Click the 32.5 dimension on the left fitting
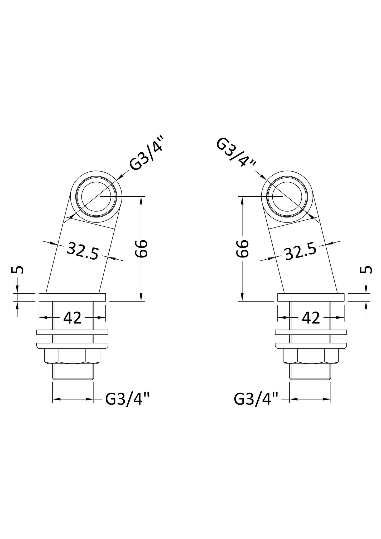click(x=82, y=251)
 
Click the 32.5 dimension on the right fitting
click(x=301, y=251)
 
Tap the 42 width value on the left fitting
click(x=72, y=318)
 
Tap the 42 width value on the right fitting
click(x=311, y=318)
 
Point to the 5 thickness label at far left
click(x=17, y=270)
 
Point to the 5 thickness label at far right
click(x=366, y=270)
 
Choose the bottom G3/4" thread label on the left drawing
click(x=128, y=399)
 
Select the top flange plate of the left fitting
click(x=72, y=297)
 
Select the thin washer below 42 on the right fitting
click(x=311, y=332)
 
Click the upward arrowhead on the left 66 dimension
click(x=141, y=200)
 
